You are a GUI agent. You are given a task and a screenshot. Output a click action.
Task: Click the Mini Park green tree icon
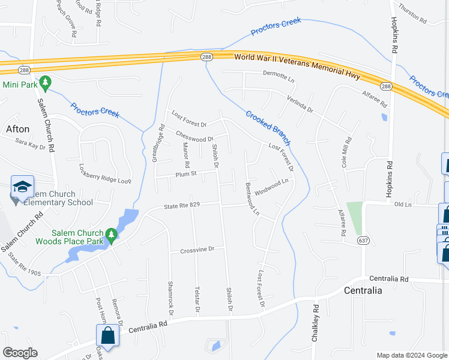tap(44, 82)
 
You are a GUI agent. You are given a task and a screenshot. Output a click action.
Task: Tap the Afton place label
tap(17, 129)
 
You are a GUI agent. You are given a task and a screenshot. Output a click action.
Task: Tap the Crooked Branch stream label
tap(268, 127)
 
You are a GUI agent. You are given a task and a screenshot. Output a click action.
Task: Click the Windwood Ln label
tap(272, 187)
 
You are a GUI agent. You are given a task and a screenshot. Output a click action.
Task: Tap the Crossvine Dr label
tap(197, 250)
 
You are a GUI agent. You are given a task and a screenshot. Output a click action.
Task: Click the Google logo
tap(20, 353)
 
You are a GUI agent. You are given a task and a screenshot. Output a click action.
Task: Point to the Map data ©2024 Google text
tap(411, 355)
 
